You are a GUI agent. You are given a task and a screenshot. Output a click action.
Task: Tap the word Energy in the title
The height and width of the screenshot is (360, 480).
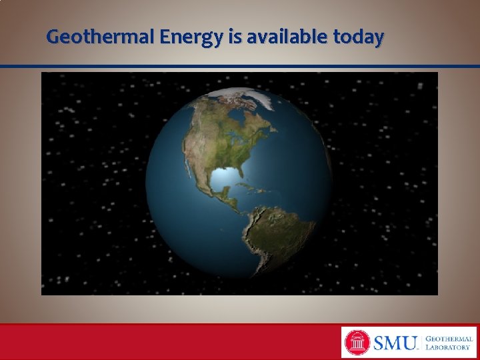tap(191, 37)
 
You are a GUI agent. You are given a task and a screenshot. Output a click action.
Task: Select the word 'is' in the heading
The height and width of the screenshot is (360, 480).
tap(235, 37)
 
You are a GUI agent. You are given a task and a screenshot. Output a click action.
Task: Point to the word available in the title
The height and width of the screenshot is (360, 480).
tap(287, 37)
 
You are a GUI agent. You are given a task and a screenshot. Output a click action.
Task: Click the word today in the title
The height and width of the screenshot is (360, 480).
tap(358, 37)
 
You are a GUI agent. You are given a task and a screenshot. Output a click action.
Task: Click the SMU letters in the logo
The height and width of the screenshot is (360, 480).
tap(395, 343)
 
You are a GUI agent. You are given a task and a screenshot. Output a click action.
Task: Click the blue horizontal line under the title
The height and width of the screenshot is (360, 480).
tap(240, 67)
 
